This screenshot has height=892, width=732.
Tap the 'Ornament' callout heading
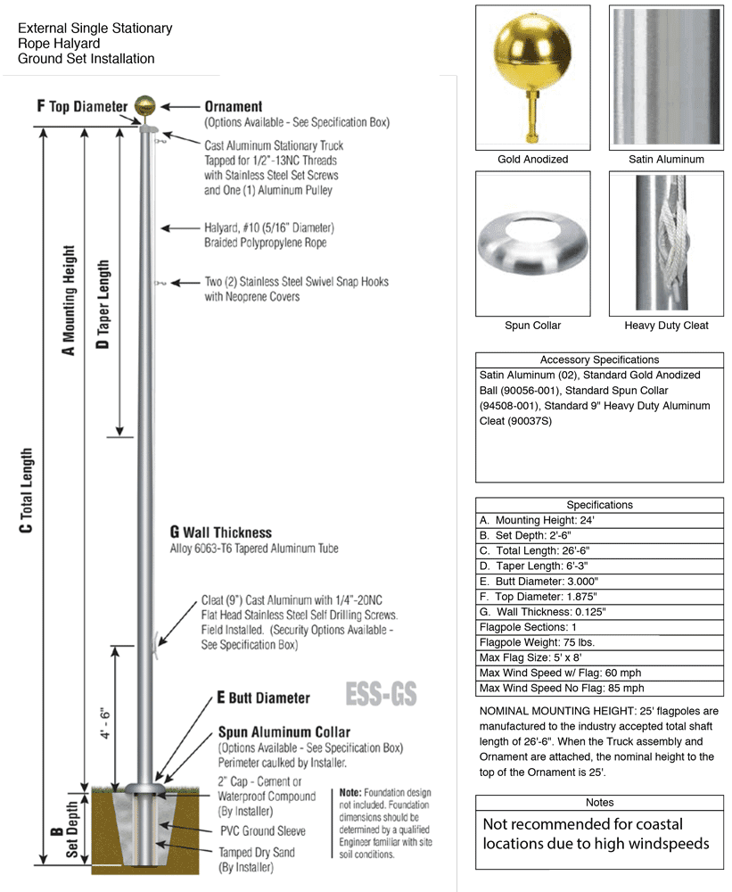pos(234,106)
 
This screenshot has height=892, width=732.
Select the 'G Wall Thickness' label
pos(221,533)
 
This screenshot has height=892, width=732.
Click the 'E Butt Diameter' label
pos(263,698)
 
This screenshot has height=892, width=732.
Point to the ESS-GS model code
pos(380,693)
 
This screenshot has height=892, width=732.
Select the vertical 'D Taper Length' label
pos(104,303)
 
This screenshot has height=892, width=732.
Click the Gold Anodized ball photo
pos(532,77)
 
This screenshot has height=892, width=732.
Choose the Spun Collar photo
pos(532,242)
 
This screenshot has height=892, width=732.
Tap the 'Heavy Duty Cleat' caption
pos(666,326)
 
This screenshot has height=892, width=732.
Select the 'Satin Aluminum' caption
pos(666,160)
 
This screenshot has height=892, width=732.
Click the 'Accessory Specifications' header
pos(599,359)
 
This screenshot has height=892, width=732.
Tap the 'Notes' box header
pos(599,803)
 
